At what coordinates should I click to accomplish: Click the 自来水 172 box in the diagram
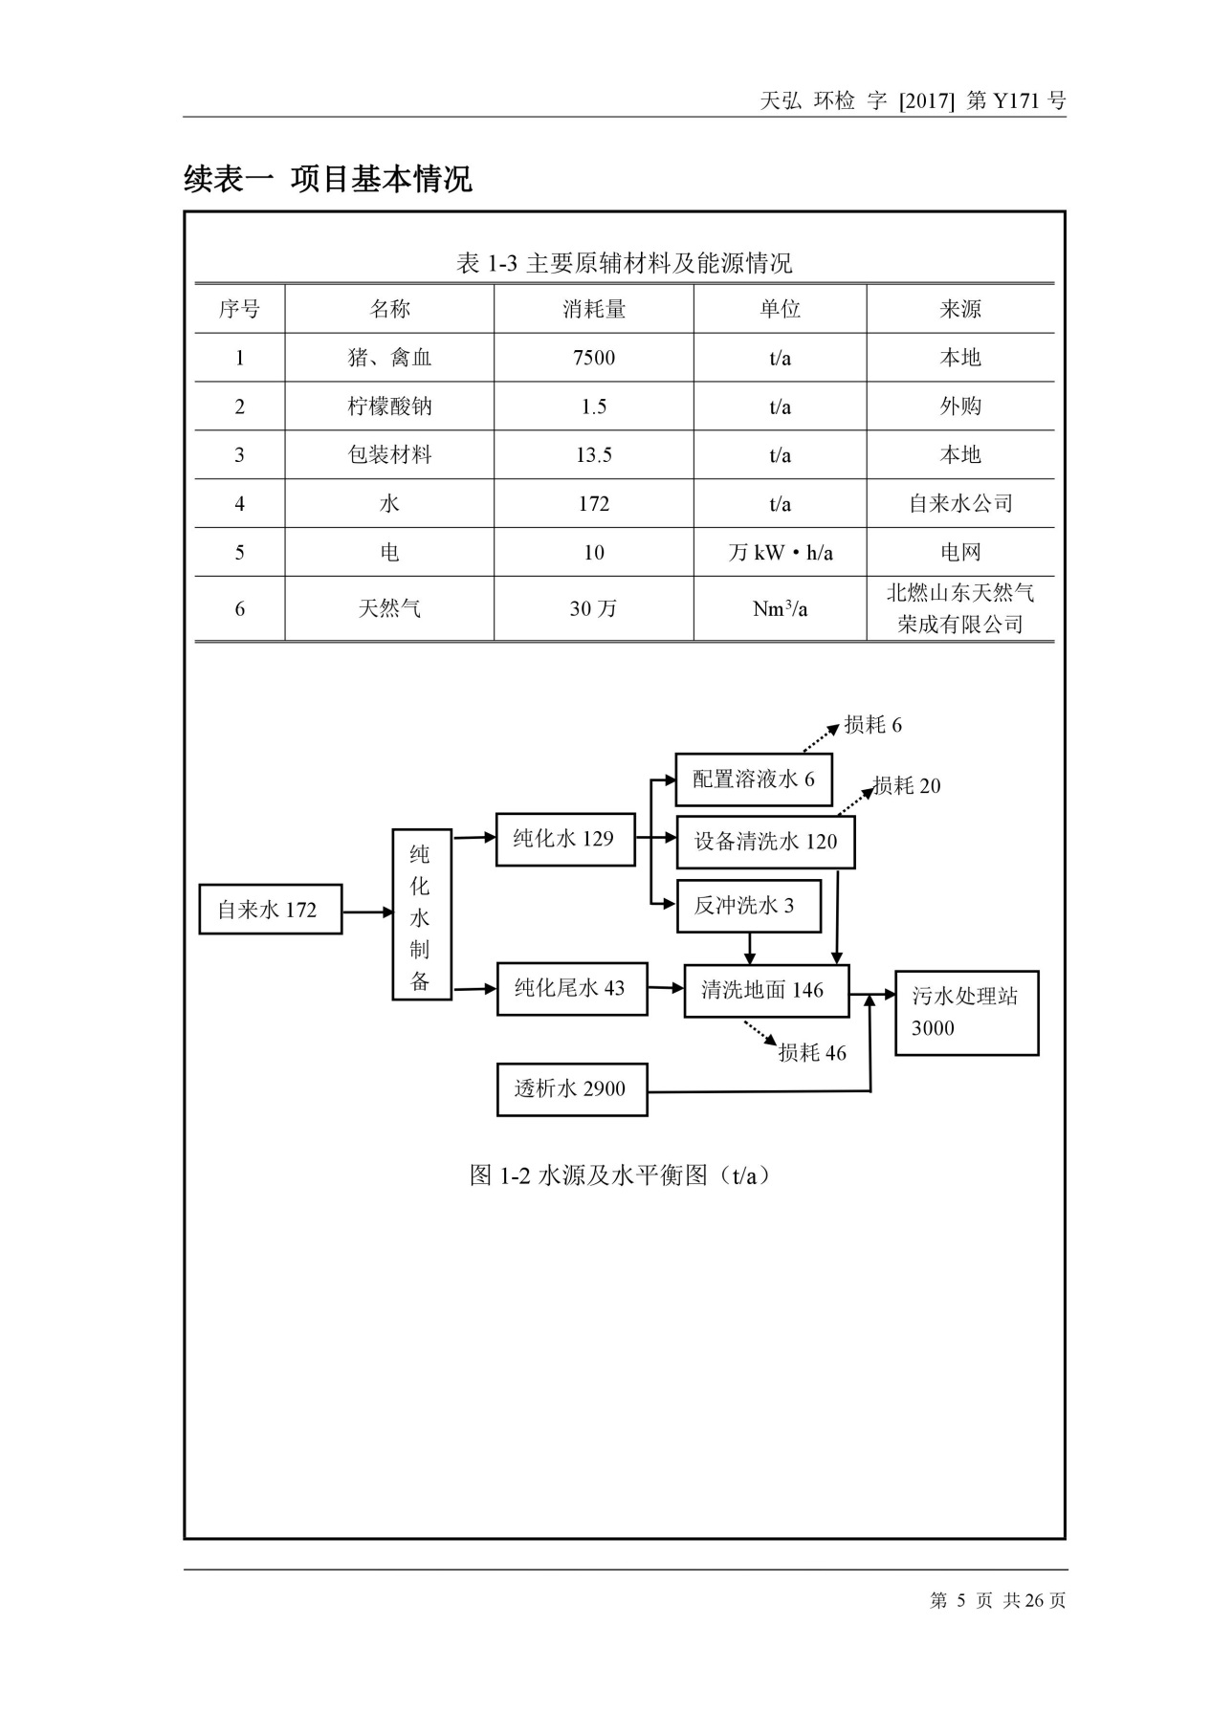click(270, 909)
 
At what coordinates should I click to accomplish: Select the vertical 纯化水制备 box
click(421, 915)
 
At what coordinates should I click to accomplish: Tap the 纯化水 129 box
click(564, 839)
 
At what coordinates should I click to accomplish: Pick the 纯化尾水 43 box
click(571, 988)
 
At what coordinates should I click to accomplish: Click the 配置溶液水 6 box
click(753, 780)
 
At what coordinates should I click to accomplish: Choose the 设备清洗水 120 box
click(764, 842)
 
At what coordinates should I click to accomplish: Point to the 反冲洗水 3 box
click(748, 906)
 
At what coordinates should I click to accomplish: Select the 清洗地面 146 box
click(765, 990)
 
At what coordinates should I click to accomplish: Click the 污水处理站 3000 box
click(966, 1013)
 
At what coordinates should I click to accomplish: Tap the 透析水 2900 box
click(571, 1088)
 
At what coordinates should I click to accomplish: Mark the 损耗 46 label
click(812, 1053)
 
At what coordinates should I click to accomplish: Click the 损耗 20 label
click(906, 786)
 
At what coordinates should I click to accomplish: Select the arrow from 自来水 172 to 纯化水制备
click(367, 912)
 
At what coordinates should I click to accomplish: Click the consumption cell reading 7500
click(593, 358)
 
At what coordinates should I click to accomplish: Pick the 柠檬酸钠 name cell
click(389, 406)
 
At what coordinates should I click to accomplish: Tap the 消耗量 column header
click(593, 309)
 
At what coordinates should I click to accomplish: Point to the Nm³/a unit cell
click(780, 608)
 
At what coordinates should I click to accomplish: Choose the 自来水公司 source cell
click(960, 503)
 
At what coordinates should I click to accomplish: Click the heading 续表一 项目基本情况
click(328, 179)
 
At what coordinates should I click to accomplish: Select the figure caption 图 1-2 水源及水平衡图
click(620, 1175)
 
